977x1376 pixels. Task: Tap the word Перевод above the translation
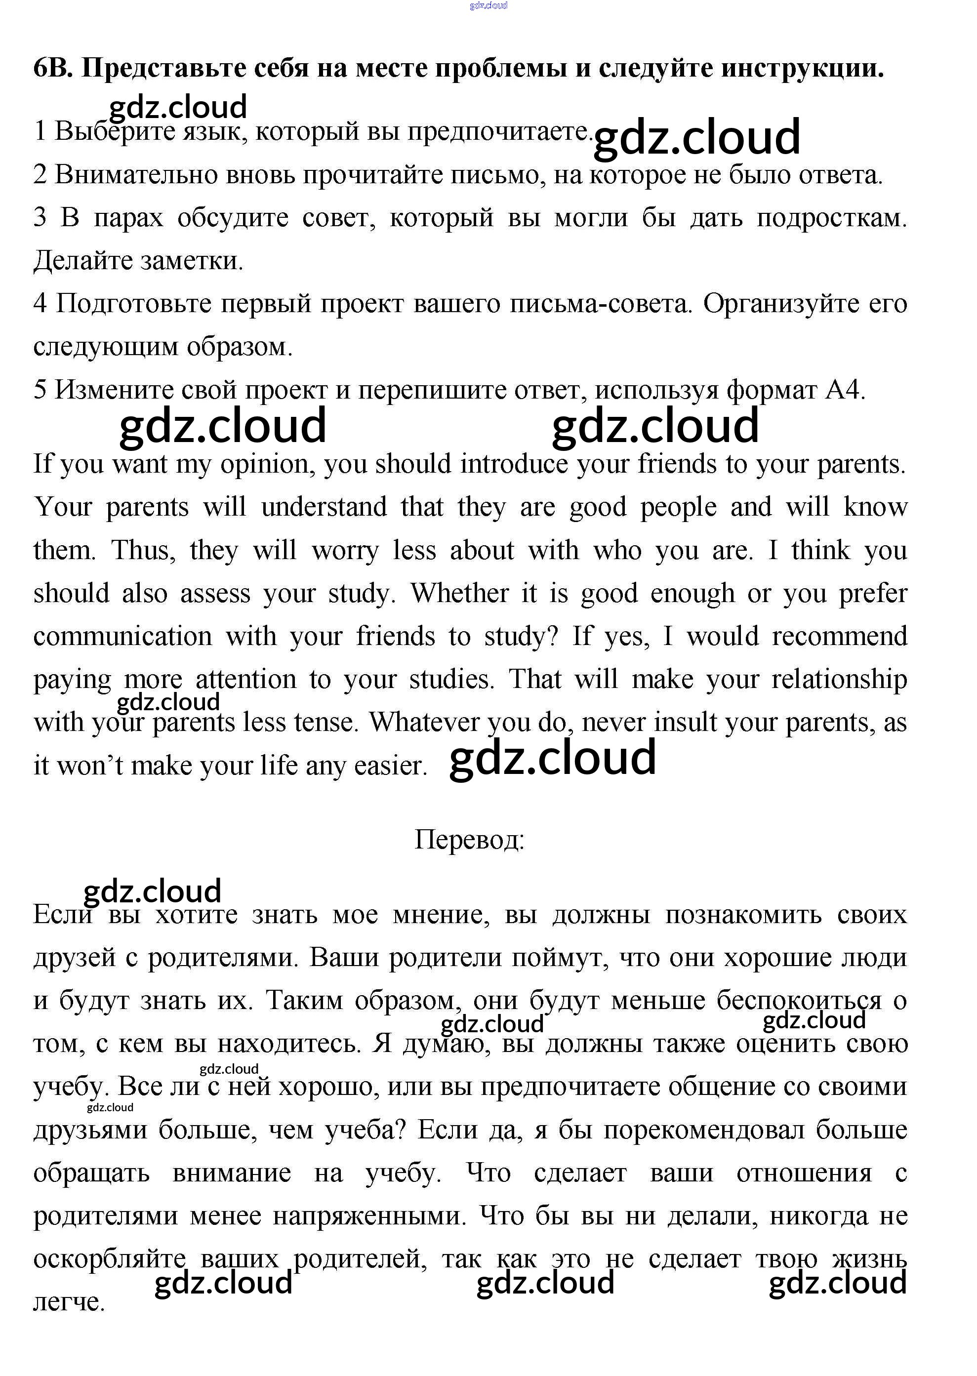[469, 840]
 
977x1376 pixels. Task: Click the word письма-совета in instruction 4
[599, 304]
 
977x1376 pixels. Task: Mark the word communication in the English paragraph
[122, 636]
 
